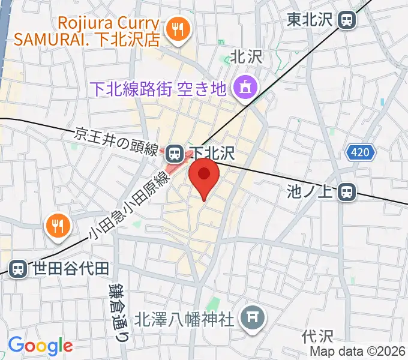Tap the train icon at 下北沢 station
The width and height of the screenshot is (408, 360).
point(175,154)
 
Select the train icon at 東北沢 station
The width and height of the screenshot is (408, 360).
point(347,20)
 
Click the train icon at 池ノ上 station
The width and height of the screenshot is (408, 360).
point(346,192)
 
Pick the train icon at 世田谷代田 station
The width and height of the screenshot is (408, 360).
point(19,268)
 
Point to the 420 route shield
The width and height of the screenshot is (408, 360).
point(360,153)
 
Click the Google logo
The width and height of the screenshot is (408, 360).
point(40,346)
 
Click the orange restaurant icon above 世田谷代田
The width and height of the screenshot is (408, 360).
point(58,226)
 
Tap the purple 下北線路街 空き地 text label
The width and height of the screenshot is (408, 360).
point(157,89)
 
